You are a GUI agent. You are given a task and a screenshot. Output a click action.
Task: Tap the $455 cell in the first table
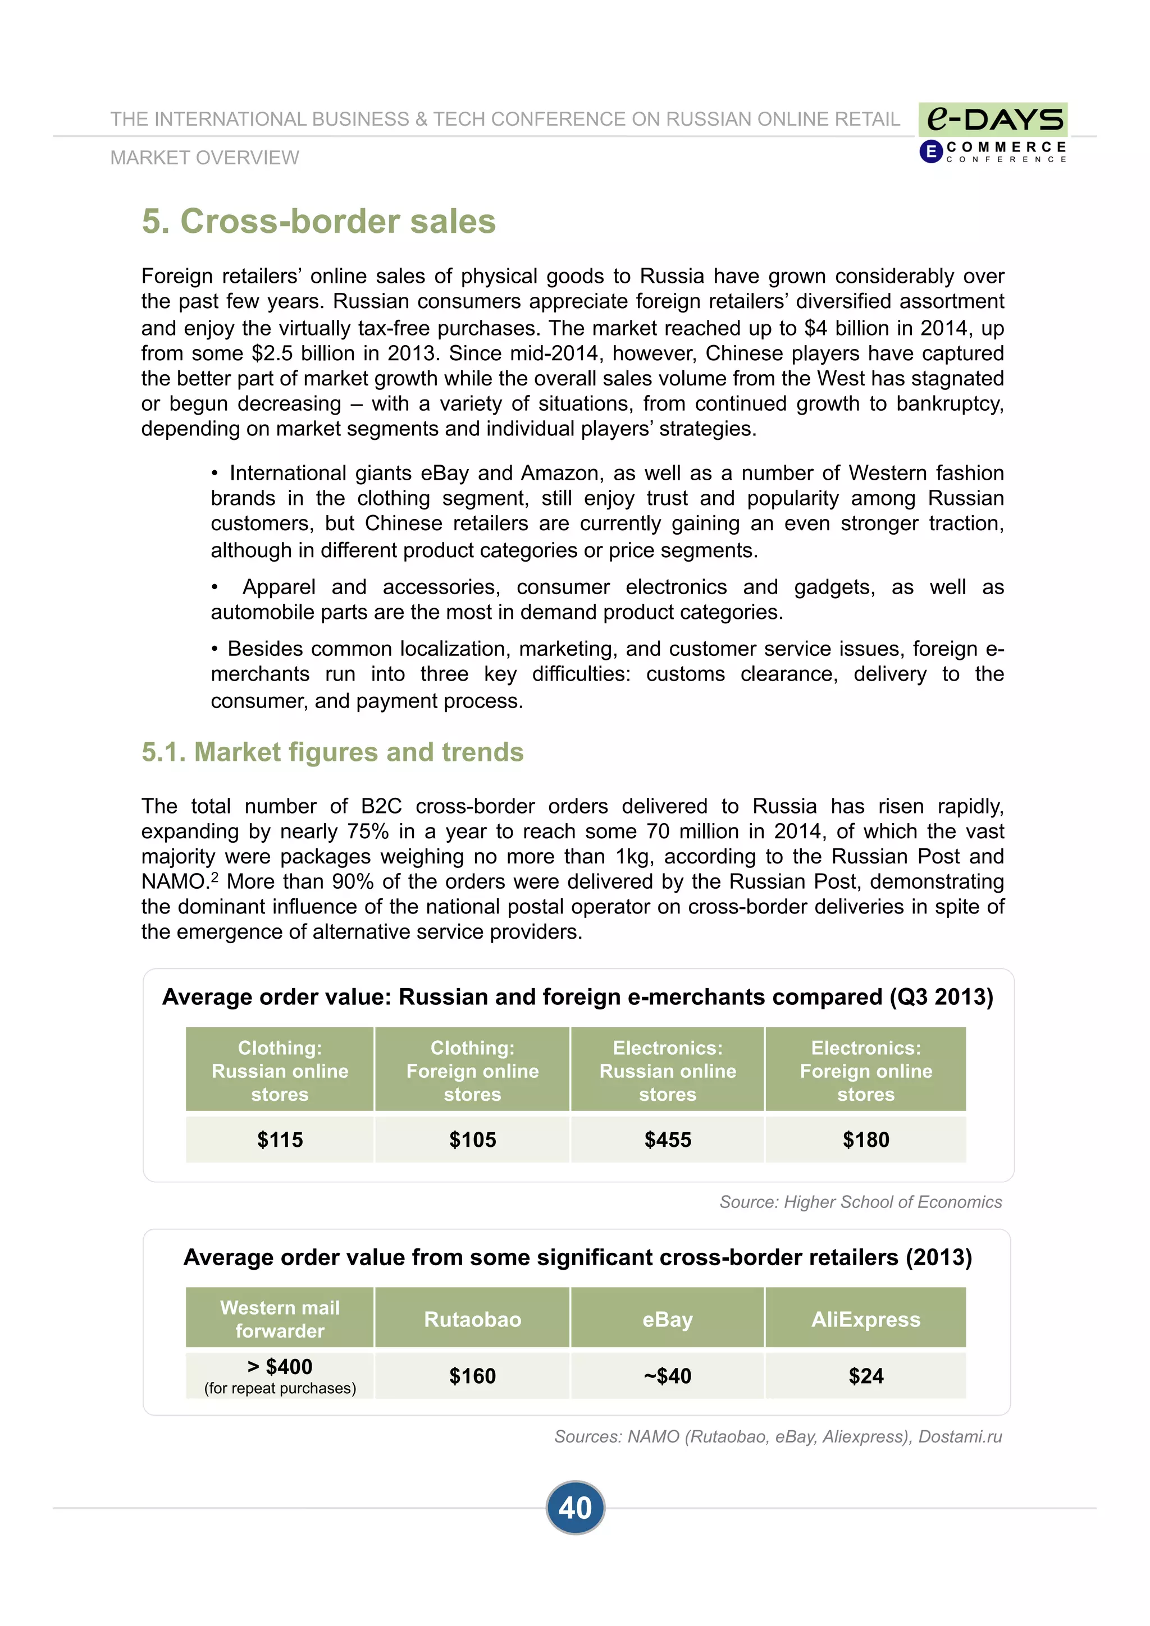(668, 1140)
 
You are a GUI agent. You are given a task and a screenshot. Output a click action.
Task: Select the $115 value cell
(280, 1140)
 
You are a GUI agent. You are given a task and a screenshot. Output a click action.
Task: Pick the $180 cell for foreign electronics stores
(865, 1140)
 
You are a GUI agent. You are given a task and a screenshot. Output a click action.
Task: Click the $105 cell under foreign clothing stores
(473, 1140)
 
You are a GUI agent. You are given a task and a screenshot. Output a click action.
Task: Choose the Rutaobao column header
(473, 1319)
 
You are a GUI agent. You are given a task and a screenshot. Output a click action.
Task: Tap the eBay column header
(668, 1319)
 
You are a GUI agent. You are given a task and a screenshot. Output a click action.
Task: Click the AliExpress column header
(865, 1319)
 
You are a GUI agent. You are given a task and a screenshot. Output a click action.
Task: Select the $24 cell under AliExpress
(865, 1376)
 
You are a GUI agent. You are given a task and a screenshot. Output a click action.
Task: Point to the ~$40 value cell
(668, 1376)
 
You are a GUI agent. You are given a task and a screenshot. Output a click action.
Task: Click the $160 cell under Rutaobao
(473, 1376)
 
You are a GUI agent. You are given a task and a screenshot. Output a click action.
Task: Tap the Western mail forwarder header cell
(280, 1319)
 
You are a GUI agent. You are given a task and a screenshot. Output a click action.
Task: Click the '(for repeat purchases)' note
(280, 1388)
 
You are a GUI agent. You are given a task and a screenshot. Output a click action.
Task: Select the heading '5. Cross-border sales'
(318, 221)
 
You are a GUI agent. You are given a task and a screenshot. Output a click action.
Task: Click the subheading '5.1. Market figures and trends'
(332, 752)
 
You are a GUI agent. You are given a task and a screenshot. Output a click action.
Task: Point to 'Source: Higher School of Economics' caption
(860, 1202)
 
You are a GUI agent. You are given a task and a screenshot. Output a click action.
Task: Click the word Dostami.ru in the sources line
(960, 1436)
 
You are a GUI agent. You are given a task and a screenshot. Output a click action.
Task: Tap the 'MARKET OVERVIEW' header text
(205, 157)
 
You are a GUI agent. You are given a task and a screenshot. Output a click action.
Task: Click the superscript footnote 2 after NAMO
(215, 877)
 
